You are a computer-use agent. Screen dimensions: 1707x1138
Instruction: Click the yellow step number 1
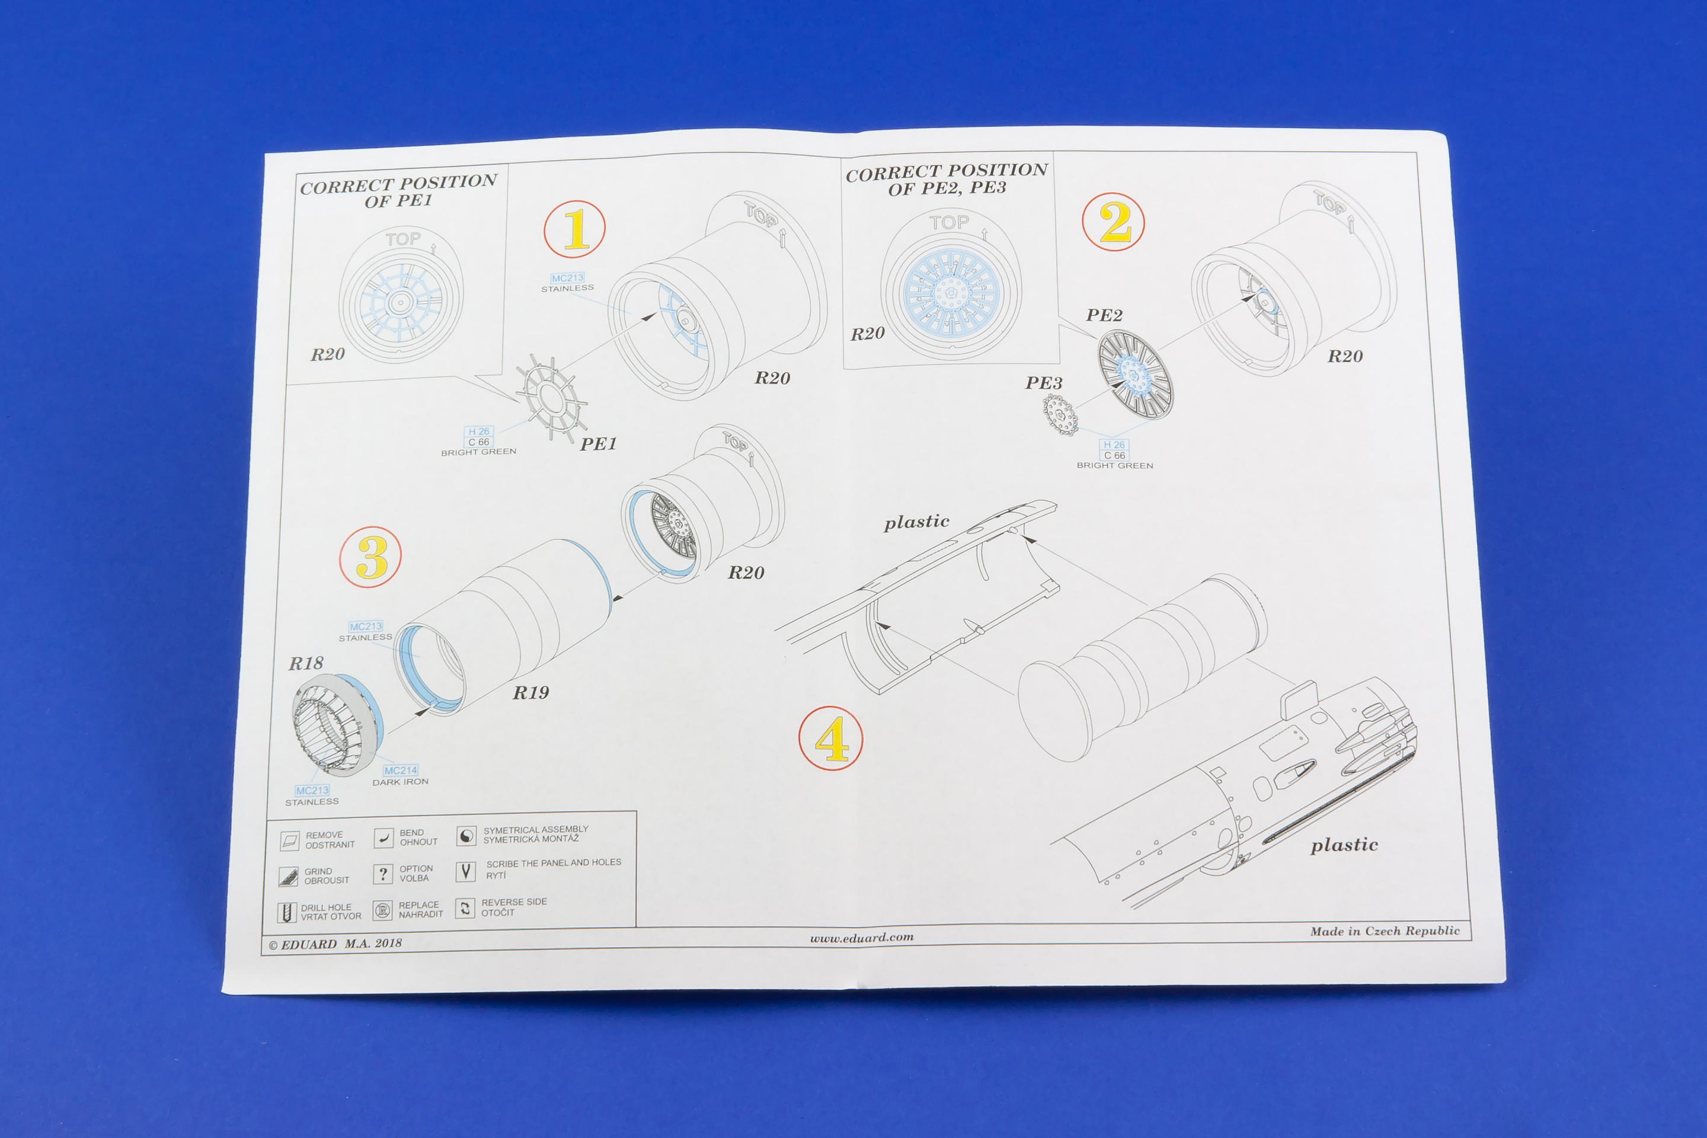[576, 230]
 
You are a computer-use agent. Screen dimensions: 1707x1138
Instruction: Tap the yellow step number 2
[1115, 222]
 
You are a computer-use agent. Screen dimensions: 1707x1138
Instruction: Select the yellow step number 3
[372, 557]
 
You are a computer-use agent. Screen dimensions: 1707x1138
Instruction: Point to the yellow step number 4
[832, 739]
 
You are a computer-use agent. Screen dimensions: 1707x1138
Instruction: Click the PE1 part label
[598, 443]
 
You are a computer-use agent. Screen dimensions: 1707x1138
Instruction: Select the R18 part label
[306, 663]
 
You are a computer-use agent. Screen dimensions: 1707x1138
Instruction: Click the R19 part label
[530, 692]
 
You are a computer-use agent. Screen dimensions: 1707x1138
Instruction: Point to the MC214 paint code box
[401, 770]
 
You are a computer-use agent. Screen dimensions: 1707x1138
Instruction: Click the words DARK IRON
[401, 782]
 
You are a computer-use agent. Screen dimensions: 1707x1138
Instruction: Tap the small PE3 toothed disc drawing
[1060, 415]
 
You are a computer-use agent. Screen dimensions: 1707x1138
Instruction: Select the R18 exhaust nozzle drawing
[337, 725]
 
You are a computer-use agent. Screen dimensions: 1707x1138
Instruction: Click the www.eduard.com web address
[861, 938]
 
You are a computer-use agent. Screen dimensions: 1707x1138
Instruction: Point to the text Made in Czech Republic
[1385, 931]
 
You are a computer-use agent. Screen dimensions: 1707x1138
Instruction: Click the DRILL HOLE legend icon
[287, 912]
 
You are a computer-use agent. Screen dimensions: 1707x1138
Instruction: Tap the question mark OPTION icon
[382, 873]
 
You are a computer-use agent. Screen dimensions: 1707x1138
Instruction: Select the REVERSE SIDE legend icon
[465, 908]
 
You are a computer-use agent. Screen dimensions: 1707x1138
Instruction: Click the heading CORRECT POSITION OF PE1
[398, 191]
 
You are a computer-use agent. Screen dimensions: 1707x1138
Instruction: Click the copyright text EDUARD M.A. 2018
[335, 944]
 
